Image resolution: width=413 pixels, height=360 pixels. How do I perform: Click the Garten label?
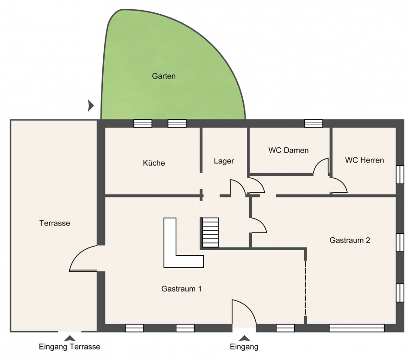coord(163,76)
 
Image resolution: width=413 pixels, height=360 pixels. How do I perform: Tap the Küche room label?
coord(154,163)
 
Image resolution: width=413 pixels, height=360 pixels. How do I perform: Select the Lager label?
coord(223,161)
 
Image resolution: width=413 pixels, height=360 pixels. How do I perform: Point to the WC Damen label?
coord(289,150)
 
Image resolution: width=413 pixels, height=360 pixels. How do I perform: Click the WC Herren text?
coord(364,160)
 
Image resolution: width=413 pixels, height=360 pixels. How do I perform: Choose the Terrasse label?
coord(55,223)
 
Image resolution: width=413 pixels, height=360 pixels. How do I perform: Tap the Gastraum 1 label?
coord(181,289)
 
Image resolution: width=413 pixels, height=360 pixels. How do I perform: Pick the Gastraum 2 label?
coord(350,240)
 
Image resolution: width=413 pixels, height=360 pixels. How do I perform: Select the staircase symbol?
coord(211,232)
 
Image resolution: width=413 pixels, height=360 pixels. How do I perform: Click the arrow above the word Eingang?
coord(244,338)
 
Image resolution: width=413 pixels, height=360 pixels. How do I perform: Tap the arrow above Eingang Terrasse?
coord(70,338)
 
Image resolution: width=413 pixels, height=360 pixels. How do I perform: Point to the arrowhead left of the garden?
coord(91,106)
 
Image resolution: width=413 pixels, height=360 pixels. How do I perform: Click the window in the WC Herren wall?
coord(400,174)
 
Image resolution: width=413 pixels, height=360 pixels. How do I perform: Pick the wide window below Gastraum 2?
coord(357,328)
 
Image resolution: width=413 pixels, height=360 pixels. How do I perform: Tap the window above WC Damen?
coord(313,124)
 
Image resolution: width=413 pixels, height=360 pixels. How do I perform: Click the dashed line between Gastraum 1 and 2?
coord(306,288)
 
